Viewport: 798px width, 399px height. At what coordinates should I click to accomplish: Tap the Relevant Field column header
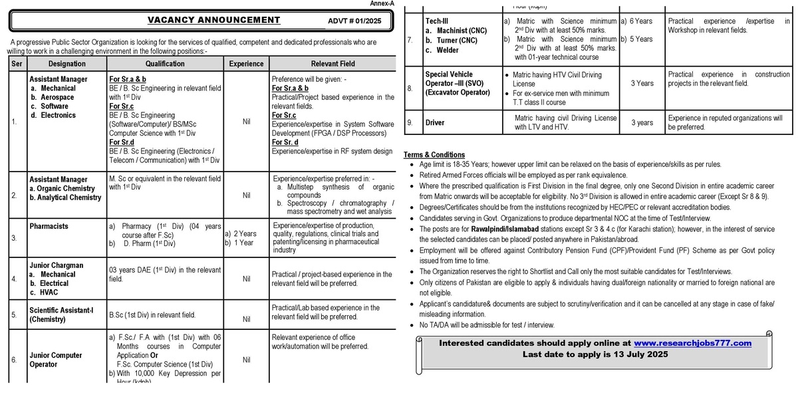pos(333,64)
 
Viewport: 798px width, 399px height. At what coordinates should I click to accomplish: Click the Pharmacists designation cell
pos(49,226)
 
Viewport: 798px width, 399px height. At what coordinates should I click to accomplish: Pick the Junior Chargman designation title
pos(57,265)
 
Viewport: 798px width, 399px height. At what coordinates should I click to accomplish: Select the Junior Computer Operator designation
pos(56,360)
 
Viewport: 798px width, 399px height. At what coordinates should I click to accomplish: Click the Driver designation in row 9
pos(435,122)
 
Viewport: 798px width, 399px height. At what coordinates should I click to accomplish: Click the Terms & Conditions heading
pos(434,155)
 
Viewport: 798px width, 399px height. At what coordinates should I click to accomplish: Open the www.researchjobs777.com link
pos(692,343)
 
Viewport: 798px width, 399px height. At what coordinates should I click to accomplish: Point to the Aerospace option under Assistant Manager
pos(57,97)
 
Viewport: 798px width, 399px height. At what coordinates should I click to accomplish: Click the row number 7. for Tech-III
pos(410,40)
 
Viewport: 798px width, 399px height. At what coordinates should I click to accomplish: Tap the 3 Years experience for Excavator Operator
pos(642,84)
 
